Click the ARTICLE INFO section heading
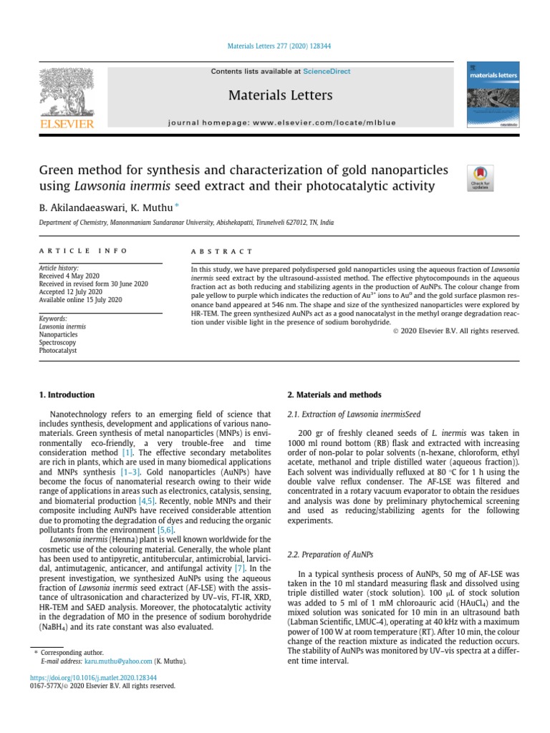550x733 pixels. pos(83,251)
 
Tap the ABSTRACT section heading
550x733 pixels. pos(221,252)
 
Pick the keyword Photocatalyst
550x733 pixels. pos(58,351)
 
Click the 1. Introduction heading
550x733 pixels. pos(66,395)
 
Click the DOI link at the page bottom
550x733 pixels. pos(92,677)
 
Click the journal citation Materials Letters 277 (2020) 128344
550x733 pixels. pos(274,47)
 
